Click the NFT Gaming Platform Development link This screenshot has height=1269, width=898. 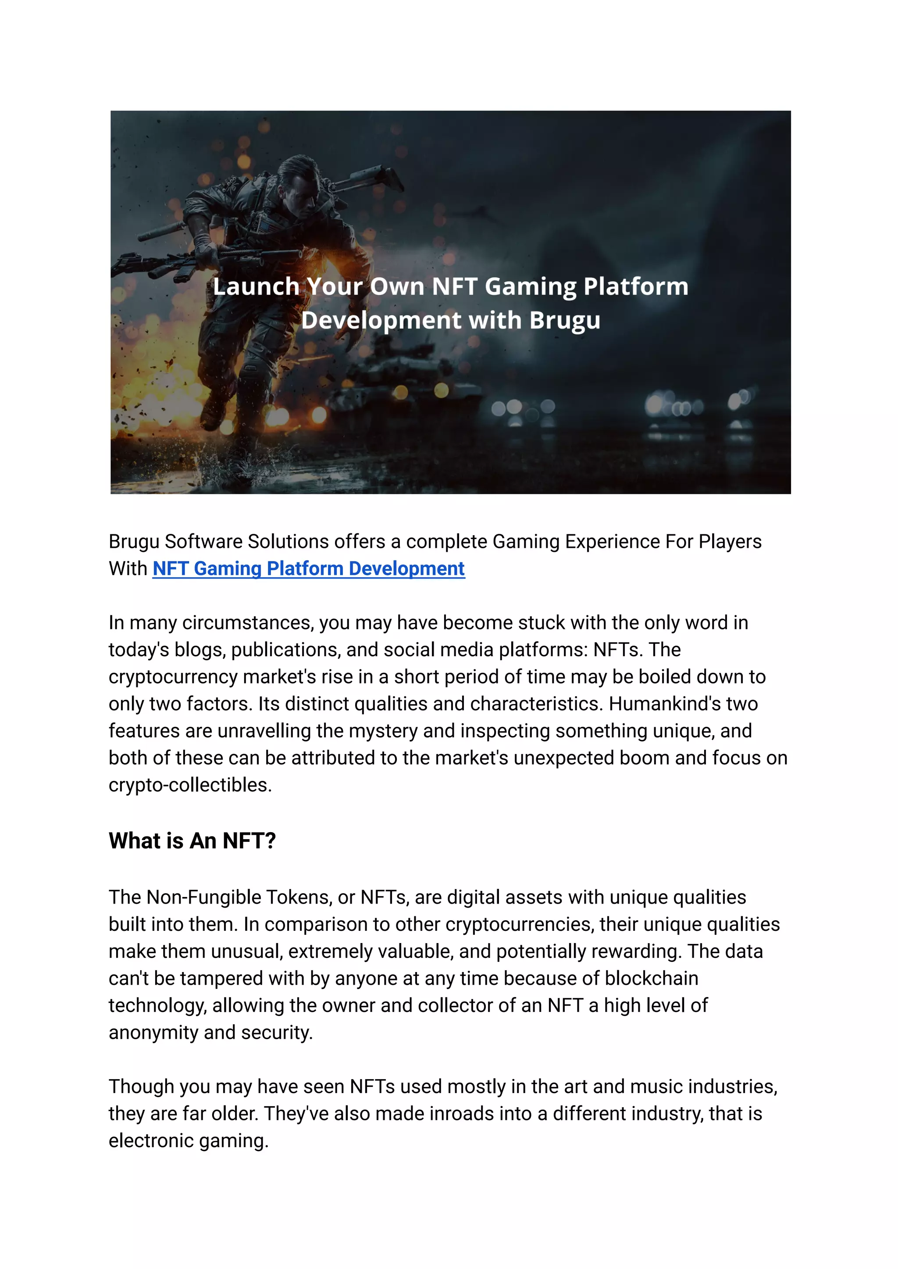click(x=309, y=568)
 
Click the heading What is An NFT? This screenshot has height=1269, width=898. click(x=192, y=841)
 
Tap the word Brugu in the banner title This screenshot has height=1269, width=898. click(x=565, y=320)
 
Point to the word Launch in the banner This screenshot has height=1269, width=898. click(x=256, y=286)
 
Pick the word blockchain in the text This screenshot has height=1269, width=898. click(x=652, y=978)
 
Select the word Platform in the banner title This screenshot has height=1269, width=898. click(x=636, y=286)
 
